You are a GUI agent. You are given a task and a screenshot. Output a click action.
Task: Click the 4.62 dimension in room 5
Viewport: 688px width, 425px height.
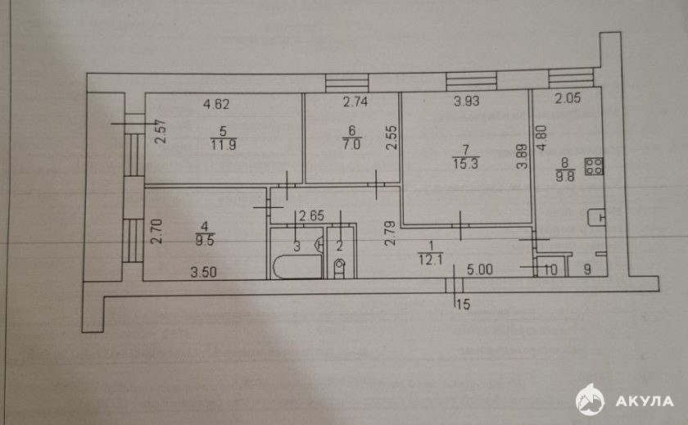coord(216,104)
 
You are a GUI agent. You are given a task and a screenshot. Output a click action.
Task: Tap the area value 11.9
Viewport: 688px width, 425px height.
coord(224,145)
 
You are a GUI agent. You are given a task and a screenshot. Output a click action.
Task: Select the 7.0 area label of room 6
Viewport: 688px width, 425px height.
coord(351,144)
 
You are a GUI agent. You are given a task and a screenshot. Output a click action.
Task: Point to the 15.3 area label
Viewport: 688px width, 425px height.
coord(465,164)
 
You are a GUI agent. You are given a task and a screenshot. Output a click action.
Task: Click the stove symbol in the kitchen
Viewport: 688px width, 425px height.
coord(594,167)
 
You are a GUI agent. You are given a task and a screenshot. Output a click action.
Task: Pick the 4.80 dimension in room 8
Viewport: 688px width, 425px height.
coord(542,138)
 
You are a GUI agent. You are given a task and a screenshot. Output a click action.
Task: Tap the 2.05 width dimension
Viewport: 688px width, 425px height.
coord(568,98)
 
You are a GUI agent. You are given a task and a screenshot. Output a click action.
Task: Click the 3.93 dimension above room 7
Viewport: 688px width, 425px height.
coord(466,102)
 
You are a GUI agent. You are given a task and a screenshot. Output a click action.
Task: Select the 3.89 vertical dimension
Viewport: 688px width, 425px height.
coord(522,156)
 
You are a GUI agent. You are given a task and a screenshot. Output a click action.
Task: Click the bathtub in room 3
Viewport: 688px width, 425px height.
coord(297,267)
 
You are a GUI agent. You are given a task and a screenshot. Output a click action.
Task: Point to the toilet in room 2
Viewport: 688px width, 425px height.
coord(340,268)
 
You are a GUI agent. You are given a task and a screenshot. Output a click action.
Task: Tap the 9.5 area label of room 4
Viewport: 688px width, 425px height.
coord(205,240)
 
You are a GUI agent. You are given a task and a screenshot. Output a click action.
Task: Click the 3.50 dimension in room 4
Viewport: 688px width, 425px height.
coord(204,272)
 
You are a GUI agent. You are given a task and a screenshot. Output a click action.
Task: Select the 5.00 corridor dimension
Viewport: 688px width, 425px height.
coord(480,269)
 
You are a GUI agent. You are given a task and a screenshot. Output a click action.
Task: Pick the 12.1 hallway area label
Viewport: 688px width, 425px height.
coord(431,260)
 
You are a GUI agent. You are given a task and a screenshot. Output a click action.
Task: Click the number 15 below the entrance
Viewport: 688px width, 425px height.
coord(463,304)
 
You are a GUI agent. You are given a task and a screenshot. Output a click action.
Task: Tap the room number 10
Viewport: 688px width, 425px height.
coord(550,269)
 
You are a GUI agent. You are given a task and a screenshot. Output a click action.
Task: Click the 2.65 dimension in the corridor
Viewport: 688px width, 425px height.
coord(311,216)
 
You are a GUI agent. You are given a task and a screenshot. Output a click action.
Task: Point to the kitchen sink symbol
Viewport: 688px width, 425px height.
coord(596,217)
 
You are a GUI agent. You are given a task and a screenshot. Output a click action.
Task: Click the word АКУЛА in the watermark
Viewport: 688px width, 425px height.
coord(644,401)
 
